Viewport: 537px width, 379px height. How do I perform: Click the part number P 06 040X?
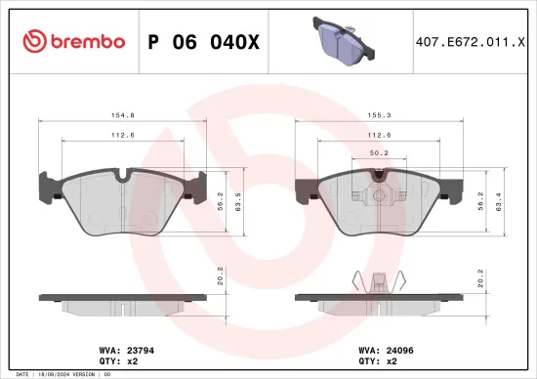[203, 41]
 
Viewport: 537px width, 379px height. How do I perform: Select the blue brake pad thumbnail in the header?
[339, 40]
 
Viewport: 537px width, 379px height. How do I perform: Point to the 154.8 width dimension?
[120, 114]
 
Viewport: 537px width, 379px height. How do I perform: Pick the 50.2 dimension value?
[381, 151]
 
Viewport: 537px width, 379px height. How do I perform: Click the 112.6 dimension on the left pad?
[120, 136]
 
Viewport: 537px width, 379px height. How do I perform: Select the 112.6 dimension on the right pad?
[381, 136]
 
